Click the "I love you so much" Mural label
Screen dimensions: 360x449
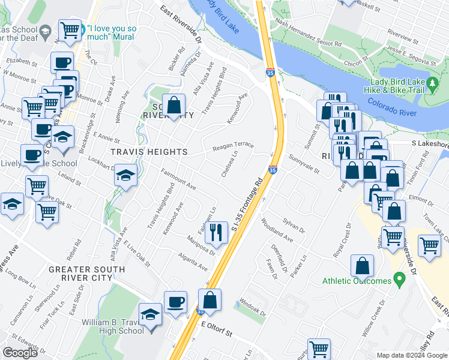[114, 33]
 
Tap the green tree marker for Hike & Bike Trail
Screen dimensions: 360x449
[432, 86]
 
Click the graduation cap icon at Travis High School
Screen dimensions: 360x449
[149, 314]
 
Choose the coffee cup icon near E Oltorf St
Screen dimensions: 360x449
[175, 301]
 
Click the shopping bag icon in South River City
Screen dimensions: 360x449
[173, 105]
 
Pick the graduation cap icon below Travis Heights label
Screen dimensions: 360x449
[125, 175]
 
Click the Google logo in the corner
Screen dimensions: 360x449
[20, 353]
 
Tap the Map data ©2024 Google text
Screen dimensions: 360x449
[412, 355]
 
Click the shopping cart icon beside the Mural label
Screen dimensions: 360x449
[70, 29]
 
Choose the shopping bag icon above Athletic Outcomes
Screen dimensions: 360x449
[362, 265]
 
